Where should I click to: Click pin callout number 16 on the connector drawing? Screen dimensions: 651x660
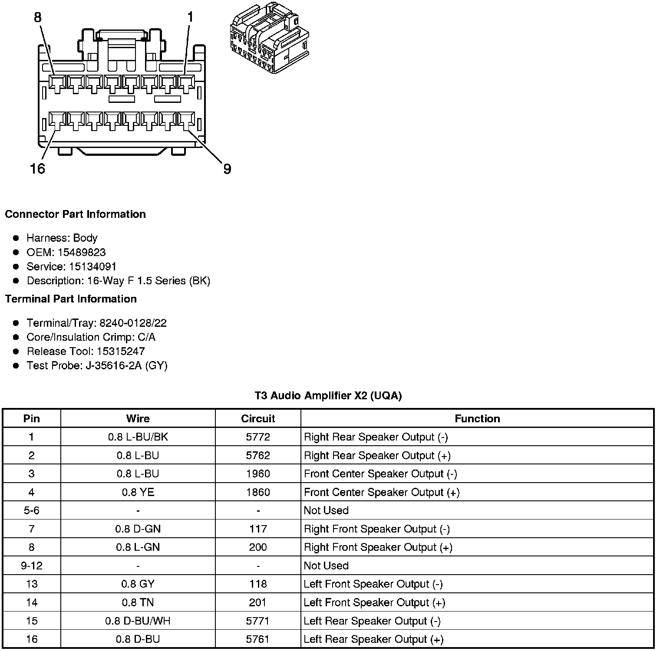(38, 168)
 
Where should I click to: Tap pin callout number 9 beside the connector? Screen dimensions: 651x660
(227, 169)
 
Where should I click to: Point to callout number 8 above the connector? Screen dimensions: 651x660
(38, 17)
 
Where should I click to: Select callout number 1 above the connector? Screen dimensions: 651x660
(190, 17)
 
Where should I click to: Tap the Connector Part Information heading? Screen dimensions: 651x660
(75, 214)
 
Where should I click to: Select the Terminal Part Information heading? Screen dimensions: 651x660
(71, 299)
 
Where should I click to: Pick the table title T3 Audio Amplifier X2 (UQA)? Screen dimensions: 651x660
(328, 395)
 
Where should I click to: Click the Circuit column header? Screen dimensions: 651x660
(258, 418)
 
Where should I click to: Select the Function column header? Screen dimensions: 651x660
(477, 418)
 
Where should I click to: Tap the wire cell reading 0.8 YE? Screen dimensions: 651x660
(138, 492)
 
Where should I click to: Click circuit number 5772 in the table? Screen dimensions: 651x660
(258, 437)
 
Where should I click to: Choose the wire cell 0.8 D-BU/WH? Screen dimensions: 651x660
(138, 621)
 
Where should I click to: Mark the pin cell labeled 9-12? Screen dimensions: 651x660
(32, 566)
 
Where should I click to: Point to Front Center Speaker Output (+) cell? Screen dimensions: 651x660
(382, 492)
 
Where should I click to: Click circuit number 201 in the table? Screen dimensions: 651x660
(258, 602)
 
